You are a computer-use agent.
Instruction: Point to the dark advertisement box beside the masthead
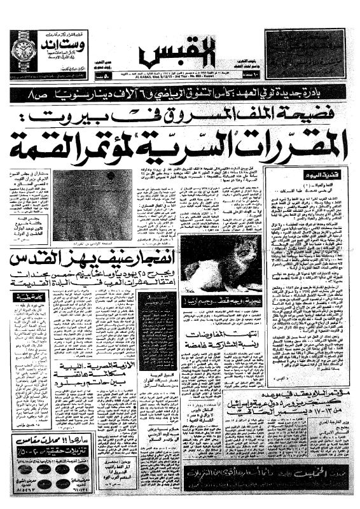(303, 50)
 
